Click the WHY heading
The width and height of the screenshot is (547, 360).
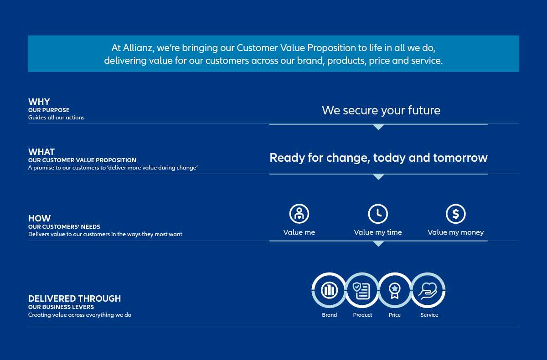[x=39, y=102]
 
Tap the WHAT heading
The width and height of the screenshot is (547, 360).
[x=41, y=152]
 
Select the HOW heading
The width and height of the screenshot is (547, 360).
[x=39, y=218]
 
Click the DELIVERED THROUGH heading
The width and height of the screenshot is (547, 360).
[x=74, y=298]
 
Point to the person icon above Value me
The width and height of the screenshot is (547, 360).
[x=299, y=214]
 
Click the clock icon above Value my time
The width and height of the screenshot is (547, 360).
[x=378, y=214]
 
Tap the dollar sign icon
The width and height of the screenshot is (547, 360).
[x=456, y=214]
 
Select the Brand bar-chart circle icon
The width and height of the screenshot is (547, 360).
[x=329, y=290]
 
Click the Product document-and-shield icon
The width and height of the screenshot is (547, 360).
[x=361, y=290]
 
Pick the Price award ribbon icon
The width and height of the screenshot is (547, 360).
[x=395, y=290]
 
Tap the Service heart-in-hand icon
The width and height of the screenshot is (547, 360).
[x=428, y=291]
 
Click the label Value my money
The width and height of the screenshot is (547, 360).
[x=456, y=232]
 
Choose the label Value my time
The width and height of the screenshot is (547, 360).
[x=378, y=232]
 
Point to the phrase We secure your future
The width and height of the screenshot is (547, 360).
[x=381, y=110]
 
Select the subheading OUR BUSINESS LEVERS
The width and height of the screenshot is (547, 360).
[x=61, y=307]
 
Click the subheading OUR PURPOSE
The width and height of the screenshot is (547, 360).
[x=49, y=110]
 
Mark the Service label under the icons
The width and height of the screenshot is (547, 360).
[x=429, y=315]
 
